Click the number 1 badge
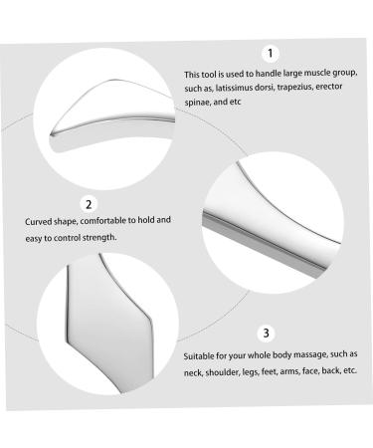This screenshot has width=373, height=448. click(271, 54)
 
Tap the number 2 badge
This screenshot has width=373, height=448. click(89, 204)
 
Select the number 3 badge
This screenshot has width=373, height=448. click(266, 333)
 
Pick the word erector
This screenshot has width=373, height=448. click(329, 87)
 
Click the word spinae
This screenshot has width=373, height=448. click(197, 103)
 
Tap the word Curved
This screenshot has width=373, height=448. click(37, 221)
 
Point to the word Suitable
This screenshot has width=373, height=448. click(198, 356)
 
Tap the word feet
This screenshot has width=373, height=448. click(269, 371)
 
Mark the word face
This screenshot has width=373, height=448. click(309, 370)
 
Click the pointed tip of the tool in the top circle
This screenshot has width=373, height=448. click(51, 134)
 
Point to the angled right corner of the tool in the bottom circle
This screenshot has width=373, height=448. click(151, 322)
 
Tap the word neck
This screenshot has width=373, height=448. click(193, 372)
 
